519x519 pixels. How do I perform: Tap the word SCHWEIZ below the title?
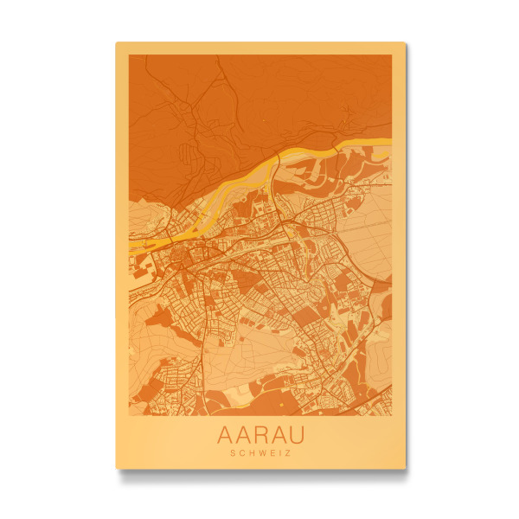coord(260,452)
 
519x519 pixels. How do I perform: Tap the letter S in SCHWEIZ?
coord(234,452)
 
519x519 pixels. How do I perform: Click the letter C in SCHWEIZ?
coord(242,452)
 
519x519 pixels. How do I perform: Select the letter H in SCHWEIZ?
coord(252,452)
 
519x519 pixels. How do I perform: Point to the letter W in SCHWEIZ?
coord(262,452)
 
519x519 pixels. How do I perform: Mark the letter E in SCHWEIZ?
coord(272,452)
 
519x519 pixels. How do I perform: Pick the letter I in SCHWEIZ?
coord(279,452)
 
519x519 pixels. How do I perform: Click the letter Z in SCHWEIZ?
coord(286,452)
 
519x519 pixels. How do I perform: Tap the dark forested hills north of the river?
coord(216,104)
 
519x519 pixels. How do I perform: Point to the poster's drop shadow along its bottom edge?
coord(259,474)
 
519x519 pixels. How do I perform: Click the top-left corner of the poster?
coord(117,42)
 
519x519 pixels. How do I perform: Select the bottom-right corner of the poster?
coord(405,468)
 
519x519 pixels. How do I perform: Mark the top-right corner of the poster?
coord(405,42)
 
